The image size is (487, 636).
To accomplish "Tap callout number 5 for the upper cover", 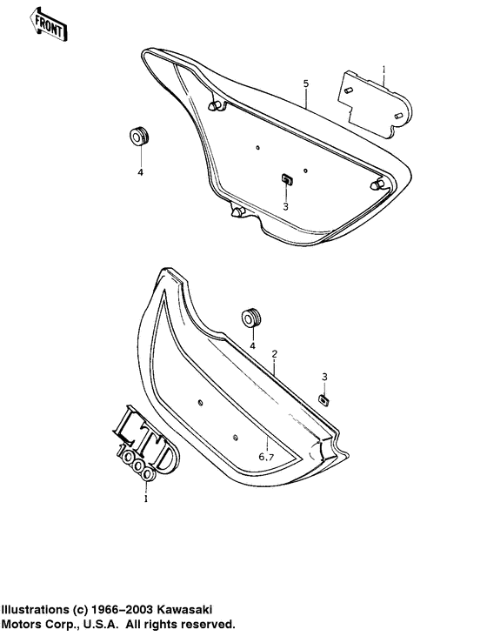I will pos(306,84).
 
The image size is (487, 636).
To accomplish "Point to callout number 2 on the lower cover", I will pos(274,355).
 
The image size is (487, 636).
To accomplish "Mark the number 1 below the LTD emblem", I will pos(146,500).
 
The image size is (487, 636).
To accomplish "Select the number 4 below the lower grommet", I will pos(252,345).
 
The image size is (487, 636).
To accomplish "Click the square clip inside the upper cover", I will pos(285,178).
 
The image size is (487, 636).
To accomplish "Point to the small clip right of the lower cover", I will pos(325,398).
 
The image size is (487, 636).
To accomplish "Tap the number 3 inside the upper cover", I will pos(284,207).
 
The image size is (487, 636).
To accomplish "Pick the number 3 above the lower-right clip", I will pos(324,376).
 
